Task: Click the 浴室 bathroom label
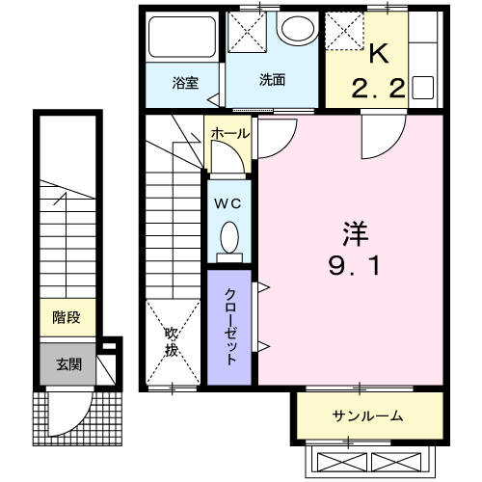[x=185, y=83]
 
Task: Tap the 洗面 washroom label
[x=272, y=80]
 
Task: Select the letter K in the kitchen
[x=379, y=53]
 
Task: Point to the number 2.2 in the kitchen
[x=378, y=89]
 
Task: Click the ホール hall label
[x=230, y=133]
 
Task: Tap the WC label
[x=228, y=203]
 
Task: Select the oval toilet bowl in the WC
[x=229, y=237]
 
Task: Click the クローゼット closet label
[x=230, y=327]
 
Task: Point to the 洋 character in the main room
[x=355, y=233]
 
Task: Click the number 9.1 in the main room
[x=354, y=266]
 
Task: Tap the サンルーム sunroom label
[x=367, y=415]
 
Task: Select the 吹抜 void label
[x=172, y=342]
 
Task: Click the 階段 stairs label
[x=67, y=317]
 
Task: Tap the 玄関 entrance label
[x=68, y=364]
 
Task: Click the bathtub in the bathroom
[x=182, y=37]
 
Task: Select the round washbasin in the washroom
[x=298, y=28]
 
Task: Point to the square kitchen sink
[x=423, y=88]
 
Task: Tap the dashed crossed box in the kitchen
[x=344, y=31]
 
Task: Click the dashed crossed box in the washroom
[x=247, y=32]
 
